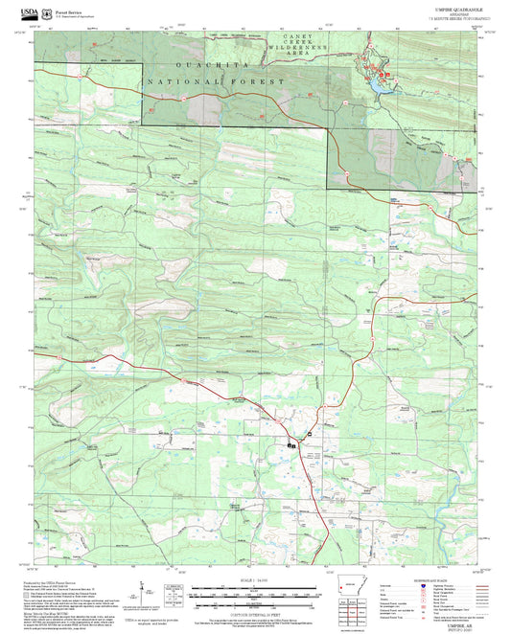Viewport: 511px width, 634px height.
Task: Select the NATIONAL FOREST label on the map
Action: (x=215, y=82)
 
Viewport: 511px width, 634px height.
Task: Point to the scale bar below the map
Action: (x=253, y=595)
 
